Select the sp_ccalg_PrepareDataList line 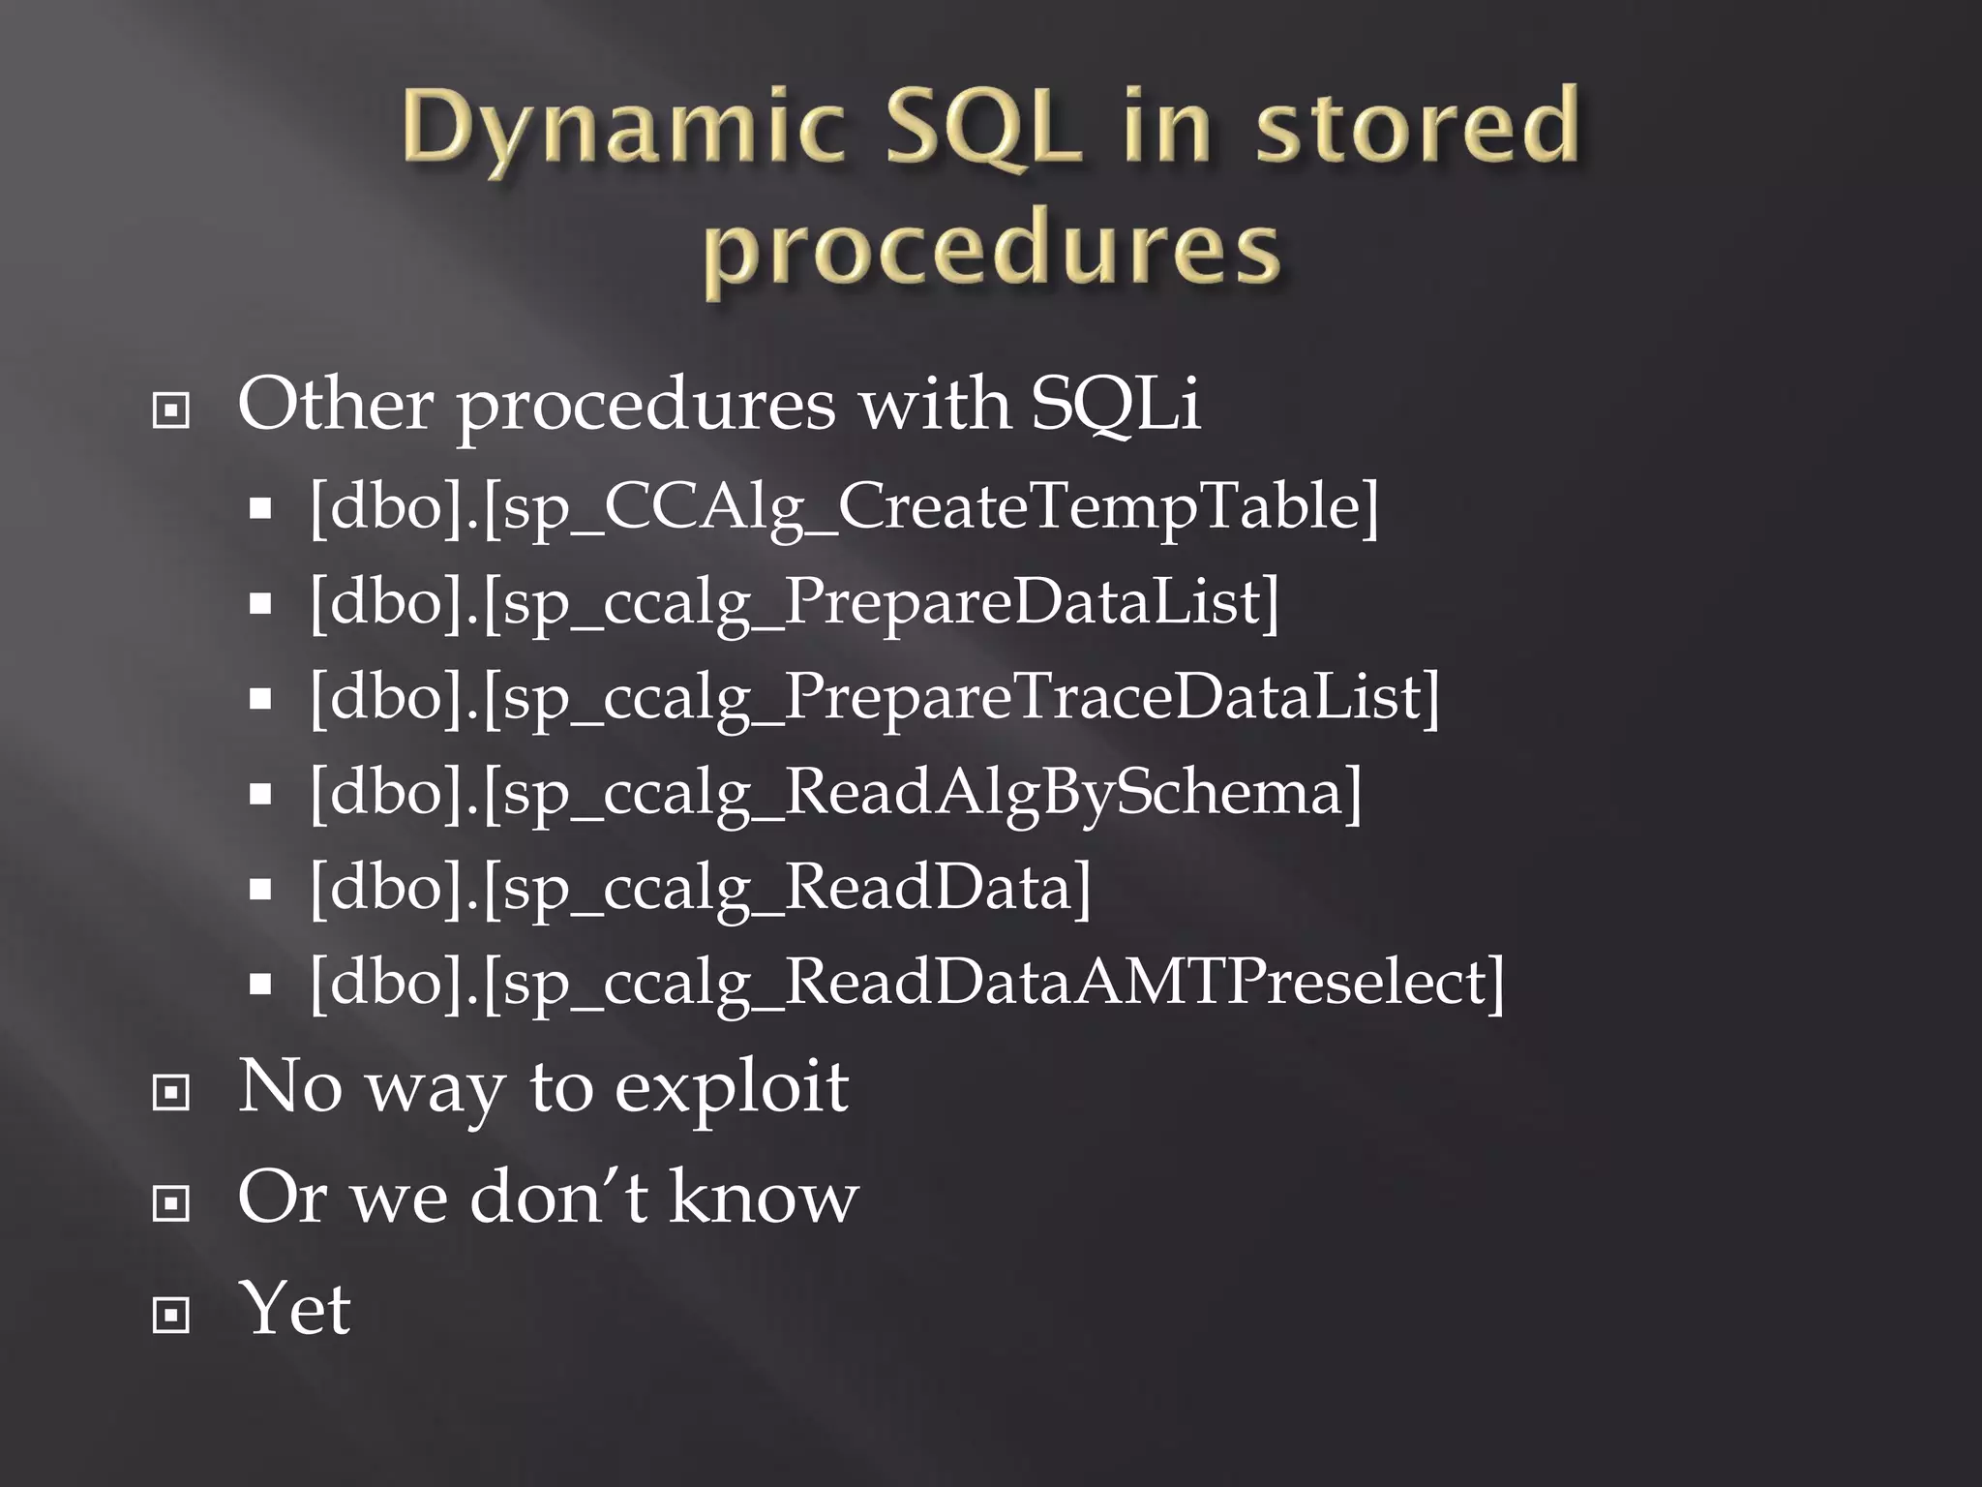tap(794, 602)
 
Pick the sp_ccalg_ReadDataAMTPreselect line tap(906, 982)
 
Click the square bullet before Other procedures tap(171, 411)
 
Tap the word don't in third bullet tap(557, 1198)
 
